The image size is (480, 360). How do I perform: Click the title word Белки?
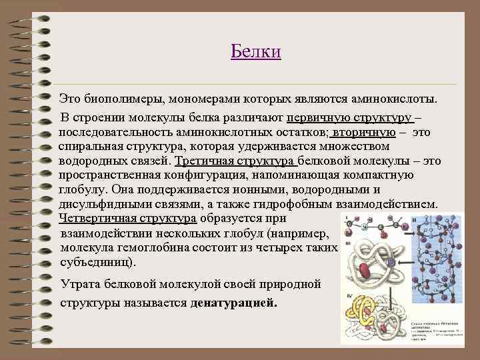256,51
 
